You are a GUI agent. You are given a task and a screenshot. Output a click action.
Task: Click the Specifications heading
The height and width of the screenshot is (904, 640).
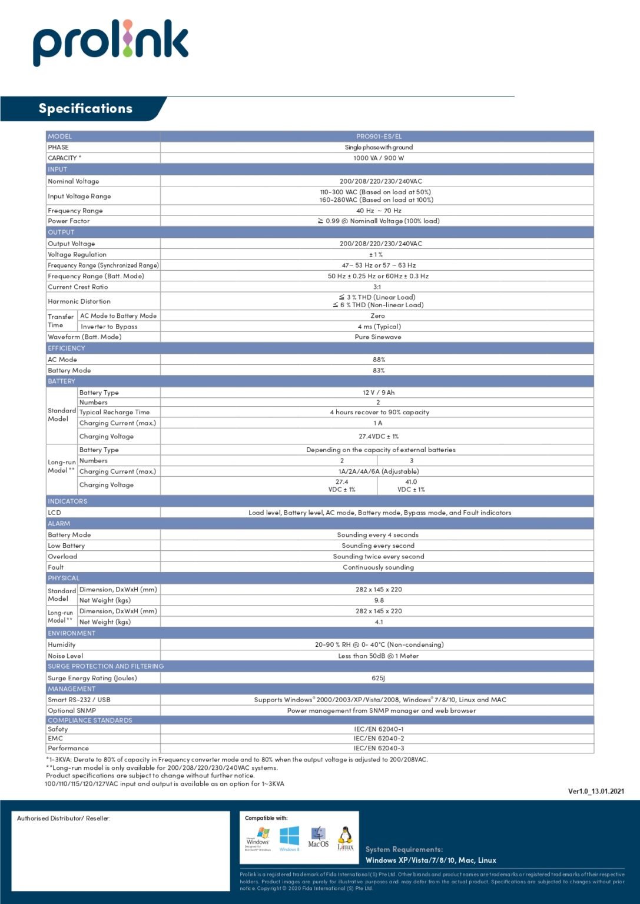pos(85,108)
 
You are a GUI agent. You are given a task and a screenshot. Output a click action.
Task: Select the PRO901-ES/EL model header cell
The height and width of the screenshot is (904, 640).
pos(379,137)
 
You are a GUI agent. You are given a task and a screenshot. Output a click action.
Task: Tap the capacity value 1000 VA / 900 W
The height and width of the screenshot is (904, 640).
pos(379,158)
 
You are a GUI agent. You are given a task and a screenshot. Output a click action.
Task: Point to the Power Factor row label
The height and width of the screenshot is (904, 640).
pos(69,221)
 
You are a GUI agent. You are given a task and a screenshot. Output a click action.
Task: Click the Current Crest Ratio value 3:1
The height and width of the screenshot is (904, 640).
pos(377,287)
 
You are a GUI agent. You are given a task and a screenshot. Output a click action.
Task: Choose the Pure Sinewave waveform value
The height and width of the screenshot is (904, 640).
pos(378,337)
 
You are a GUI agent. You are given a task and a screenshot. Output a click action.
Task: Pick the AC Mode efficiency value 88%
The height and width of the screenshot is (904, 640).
pos(379,360)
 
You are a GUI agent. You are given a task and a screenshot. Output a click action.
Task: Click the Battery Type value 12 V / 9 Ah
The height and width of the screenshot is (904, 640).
pos(379,393)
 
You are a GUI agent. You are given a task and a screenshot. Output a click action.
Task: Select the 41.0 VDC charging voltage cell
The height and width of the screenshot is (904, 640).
pos(411,486)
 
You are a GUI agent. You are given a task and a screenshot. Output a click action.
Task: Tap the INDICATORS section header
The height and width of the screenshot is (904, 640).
pos(68,501)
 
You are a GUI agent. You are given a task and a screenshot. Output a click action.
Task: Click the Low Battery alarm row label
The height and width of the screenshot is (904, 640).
pos(67,546)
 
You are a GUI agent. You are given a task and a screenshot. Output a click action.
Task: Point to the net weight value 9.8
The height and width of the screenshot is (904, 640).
pos(379,600)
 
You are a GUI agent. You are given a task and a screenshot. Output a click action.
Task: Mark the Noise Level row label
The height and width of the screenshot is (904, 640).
pos(65,656)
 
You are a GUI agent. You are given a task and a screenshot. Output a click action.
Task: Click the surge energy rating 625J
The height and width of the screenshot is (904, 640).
pos(379,678)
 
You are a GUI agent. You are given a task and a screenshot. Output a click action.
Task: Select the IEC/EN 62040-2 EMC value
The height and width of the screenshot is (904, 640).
pos(379,738)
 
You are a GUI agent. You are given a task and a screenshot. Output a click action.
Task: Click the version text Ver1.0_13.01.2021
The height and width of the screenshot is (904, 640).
pos(596,791)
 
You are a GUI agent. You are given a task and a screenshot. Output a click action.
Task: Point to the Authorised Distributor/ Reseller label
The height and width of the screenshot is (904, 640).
pos(64,818)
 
